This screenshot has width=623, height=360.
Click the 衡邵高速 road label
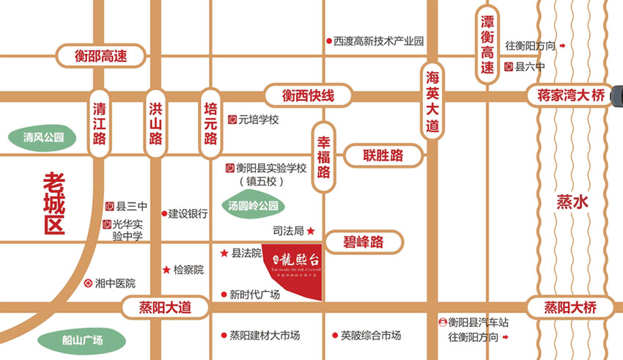tap(101, 56)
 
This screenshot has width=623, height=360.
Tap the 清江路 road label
tap(100, 122)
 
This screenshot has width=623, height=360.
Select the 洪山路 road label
tap(155, 122)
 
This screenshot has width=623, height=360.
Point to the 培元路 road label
tap(210, 122)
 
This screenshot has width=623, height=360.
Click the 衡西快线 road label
tap(309, 95)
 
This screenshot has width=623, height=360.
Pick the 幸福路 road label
tap(324, 156)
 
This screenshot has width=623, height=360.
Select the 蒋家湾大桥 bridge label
tap(569, 95)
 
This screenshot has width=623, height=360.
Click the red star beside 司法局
tap(311, 231)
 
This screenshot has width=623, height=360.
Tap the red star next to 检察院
tap(166, 270)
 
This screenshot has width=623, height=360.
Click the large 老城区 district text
tap(54, 202)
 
